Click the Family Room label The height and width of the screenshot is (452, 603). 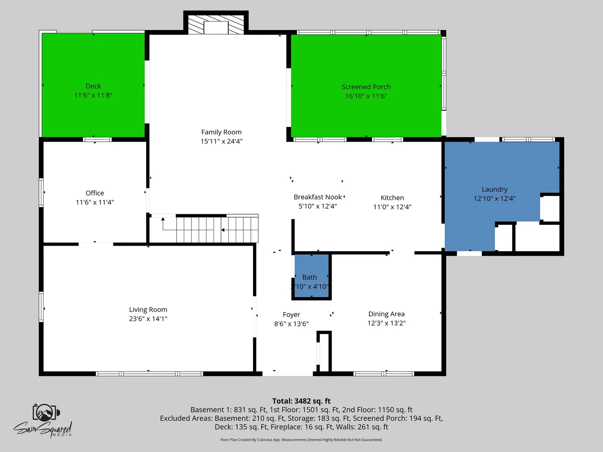[222, 132]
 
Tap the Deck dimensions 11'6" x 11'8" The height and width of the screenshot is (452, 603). [93, 95]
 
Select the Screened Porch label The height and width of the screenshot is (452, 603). [366, 87]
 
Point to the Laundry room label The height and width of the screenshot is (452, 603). [495, 189]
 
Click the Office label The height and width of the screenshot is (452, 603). [95, 193]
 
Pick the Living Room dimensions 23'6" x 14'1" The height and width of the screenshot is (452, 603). [148, 318]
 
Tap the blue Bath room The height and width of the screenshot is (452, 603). [312, 276]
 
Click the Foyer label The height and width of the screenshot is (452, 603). [291, 314]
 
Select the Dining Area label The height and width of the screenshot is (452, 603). [386, 314]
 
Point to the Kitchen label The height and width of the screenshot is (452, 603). [392, 198]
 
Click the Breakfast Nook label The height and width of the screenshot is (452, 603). [317, 197]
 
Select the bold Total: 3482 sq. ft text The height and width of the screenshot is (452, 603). [301, 401]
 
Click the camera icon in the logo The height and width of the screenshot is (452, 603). [46, 412]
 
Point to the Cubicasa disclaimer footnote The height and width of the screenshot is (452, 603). [301, 439]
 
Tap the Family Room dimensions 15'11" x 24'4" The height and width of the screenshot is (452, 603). [222, 141]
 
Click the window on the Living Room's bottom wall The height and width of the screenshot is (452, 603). [149, 373]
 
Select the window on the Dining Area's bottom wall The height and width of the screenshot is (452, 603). [384, 373]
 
